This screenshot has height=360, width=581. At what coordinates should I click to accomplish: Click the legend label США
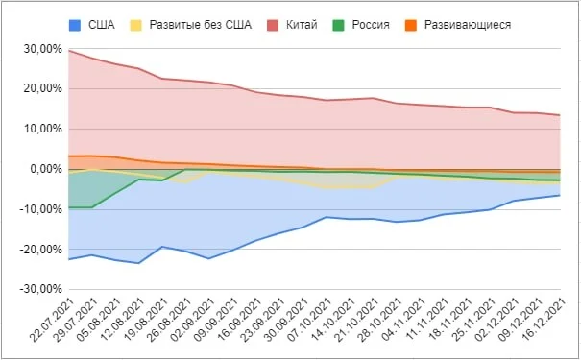(x=101, y=25)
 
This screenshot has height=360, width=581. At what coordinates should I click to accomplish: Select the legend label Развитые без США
(x=200, y=25)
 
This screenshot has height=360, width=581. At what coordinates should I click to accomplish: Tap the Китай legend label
(x=302, y=25)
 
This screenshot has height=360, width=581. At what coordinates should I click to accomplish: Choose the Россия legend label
(x=371, y=25)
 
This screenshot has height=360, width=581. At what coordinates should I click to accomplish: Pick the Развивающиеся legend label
(x=468, y=25)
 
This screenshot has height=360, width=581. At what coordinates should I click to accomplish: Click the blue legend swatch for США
(x=75, y=25)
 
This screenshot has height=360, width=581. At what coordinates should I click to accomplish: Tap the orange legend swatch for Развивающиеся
(x=411, y=25)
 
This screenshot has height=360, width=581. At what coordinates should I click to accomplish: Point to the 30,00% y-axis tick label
(x=43, y=49)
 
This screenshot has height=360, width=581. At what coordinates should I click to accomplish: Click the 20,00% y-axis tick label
(x=43, y=89)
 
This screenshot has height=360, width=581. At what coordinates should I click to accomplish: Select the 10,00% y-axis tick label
(x=43, y=129)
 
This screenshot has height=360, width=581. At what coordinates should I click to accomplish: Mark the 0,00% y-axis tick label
(x=46, y=169)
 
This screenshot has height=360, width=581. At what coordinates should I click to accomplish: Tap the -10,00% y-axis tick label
(x=40, y=209)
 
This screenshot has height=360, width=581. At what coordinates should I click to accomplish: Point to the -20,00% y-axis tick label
(x=40, y=250)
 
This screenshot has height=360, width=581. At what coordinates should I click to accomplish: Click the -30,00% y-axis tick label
(x=40, y=289)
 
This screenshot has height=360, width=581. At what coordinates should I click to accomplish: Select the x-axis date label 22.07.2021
(x=52, y=320)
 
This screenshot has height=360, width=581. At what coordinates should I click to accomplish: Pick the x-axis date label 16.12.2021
(x=544, y=320)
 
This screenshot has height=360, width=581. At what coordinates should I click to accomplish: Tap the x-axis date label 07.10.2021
(x=310, y=320)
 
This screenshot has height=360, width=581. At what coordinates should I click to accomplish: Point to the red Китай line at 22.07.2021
(x=70, y=50)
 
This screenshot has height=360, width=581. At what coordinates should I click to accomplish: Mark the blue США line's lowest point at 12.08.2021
(x=138, y=263)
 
